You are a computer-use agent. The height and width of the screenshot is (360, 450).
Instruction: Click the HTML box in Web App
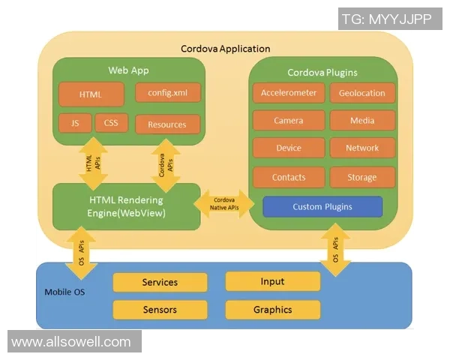[x=91, y=94]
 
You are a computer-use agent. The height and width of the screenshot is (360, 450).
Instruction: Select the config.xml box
[x=168, y=92]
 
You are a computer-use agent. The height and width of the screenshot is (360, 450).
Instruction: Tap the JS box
[x=75, y=123]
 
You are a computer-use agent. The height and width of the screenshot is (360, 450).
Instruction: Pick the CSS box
[x=111, y=122]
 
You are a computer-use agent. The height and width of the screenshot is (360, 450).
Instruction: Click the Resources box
[x=168, y=124]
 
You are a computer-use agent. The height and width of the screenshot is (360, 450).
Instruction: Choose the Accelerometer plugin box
[x=289, y=93]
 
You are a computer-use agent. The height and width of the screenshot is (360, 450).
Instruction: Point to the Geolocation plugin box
[x=362, y=93]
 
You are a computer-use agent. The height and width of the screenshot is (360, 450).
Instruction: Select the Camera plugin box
[x=289, y=121]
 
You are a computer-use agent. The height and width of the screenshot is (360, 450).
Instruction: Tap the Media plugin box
[x=362, y=121]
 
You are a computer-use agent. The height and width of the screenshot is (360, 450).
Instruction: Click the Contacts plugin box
[x=289, y=178]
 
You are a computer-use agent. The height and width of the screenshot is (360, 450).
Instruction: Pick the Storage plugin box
[x=362, y=178]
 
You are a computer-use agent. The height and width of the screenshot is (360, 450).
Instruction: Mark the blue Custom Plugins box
[x=322, y=206]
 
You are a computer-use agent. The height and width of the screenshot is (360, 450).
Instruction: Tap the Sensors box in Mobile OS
[x=160, y=310]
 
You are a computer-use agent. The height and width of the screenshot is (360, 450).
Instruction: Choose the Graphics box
[x=272, y=310]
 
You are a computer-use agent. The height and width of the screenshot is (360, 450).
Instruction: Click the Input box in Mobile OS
[x=272, y=281]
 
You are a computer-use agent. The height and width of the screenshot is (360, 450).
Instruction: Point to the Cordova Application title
[x=225, y=49]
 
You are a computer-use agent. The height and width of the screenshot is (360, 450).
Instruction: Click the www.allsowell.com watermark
[x=72, y=342]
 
